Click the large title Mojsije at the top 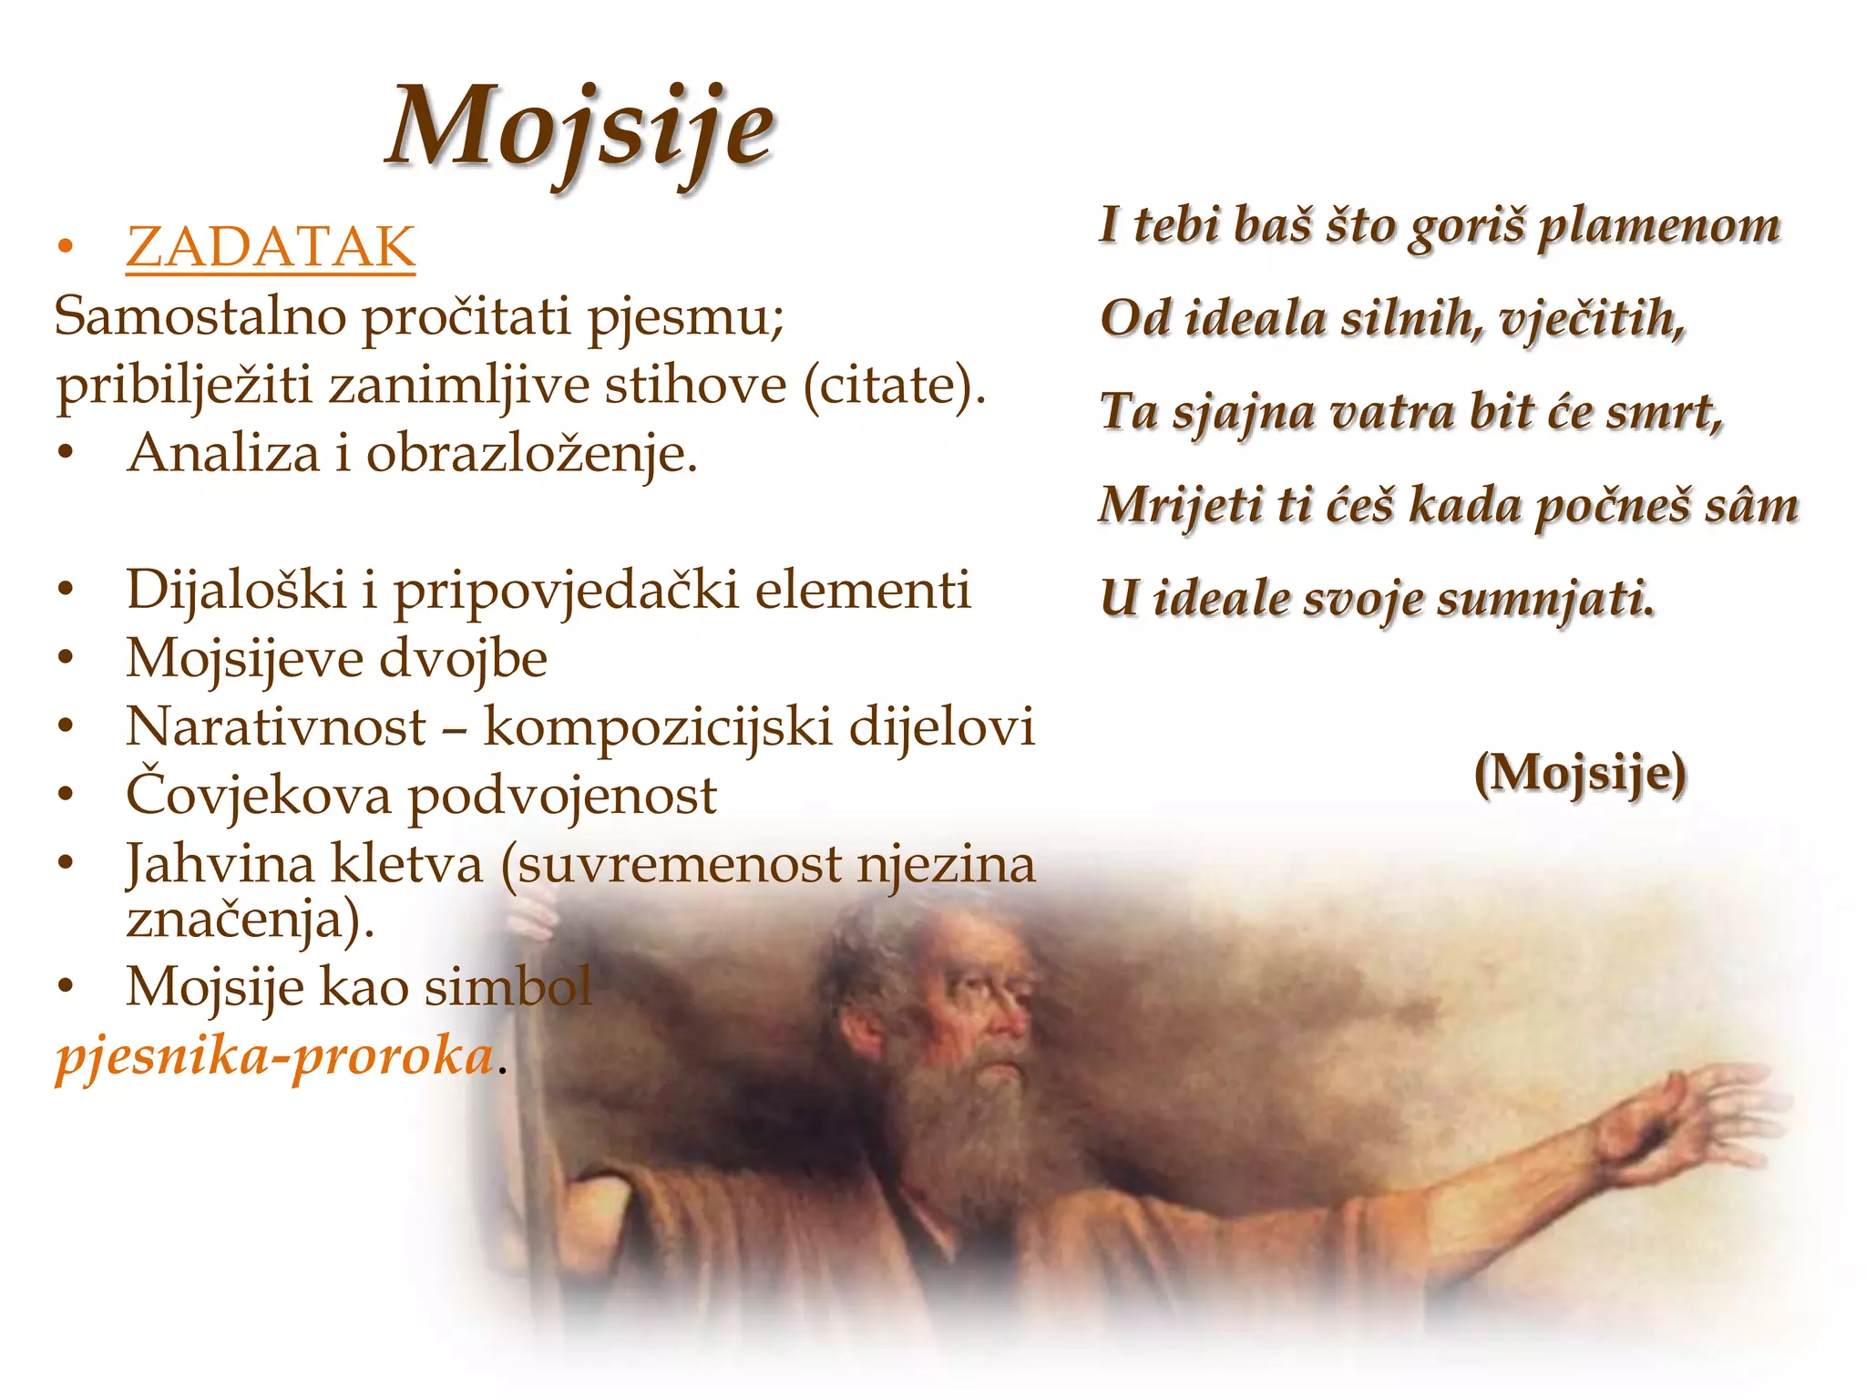[x=580, y=128]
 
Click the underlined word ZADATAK [x=271, y=247]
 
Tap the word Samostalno [x=200, y=317]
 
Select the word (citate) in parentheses [x=894, y=386]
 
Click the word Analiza [x=223, y=453]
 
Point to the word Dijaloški [x=236, y=590]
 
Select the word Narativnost [x=275, y=727]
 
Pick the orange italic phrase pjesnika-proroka [x=273, y=1057]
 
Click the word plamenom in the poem [x=1658, y=226]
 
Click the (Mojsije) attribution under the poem [x=1580, y=774]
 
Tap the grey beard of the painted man [x=966, y=1121]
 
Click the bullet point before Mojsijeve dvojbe [x=65, y=658]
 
